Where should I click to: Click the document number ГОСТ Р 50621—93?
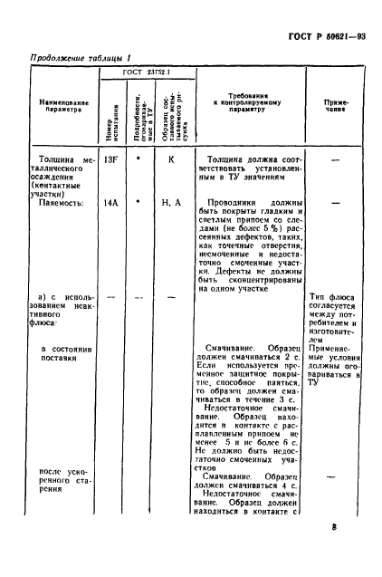pyautogui.click(x=325, y=36)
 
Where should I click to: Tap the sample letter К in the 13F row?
pyautogui.click(x=169, y=159)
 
